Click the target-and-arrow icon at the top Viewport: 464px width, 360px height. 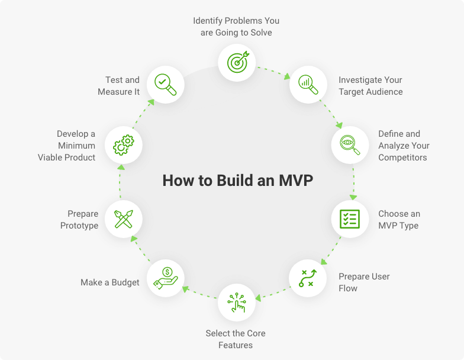[238, 62]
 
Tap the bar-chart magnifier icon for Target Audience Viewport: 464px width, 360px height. [308, 85]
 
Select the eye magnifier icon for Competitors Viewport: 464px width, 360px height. [350, 145]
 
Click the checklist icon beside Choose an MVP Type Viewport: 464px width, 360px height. [350, 219]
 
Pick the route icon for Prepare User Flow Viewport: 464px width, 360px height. [308, 278]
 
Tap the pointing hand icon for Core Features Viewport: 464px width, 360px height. [237, 303]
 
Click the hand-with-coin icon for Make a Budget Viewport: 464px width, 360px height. [166, 278]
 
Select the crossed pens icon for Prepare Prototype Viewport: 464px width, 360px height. [124, 219]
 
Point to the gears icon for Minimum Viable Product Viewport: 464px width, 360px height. [124, 145]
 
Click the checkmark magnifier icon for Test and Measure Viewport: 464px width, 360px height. [166, 85]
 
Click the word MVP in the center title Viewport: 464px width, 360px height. [296, 180]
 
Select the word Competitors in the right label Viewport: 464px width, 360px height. [402, 157]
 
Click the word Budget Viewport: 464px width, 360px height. [125, 283]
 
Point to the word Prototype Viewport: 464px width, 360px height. [79, 226]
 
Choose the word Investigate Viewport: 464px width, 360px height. [356, 81]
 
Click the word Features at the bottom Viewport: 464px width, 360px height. [236, 345]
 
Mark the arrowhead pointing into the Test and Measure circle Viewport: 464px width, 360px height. [152, 102]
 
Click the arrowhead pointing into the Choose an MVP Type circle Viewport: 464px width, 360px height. [353, 197]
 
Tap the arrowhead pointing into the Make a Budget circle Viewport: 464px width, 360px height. [186, 289]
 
